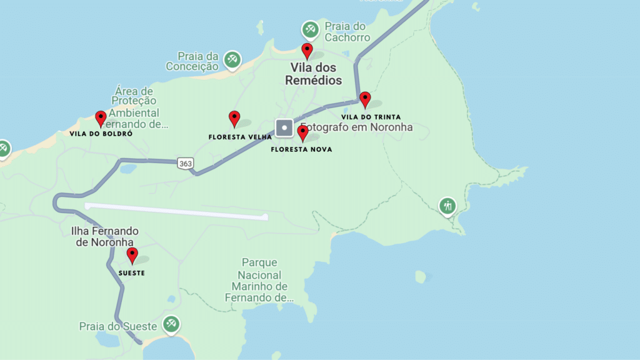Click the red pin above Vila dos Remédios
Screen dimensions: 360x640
(307, 50)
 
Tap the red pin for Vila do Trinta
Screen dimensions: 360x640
(365, 99)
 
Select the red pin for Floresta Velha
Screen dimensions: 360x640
(234, 117)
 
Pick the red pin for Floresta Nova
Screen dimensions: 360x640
(302, 132)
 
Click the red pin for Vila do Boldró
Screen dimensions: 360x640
(101, 117)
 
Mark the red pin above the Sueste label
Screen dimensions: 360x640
(132, 254)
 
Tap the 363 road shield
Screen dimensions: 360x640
(185, 163)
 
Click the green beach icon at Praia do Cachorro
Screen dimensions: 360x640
(310, 29)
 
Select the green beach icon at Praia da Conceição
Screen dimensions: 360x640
(232, 59)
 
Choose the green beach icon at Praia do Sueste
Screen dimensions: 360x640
(171, 324)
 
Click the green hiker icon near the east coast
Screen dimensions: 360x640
(447, 205)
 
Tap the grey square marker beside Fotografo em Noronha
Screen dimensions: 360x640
(284, 127)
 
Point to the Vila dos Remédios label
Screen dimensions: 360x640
(314, 74)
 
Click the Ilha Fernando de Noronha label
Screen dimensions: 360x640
(105, 237)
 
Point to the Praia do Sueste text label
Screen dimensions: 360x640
(119, 326)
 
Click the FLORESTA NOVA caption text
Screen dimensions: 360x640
(301, 149)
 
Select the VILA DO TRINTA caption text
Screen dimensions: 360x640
(371, 117)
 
